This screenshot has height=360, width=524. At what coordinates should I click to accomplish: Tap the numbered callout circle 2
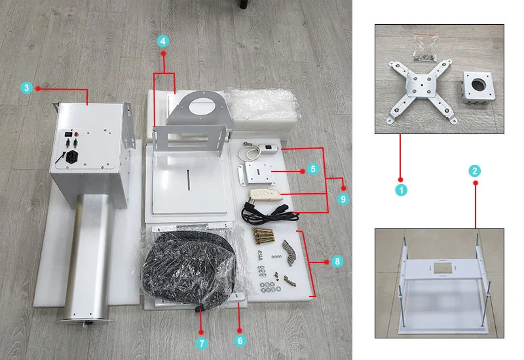475,171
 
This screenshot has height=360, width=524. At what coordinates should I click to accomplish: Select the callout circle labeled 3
26,87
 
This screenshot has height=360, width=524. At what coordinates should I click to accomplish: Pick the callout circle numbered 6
240,340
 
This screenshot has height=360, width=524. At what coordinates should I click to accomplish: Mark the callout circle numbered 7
201,342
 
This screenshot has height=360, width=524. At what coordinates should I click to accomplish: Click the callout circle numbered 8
337,261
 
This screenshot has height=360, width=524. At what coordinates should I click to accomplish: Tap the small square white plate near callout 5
255,173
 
